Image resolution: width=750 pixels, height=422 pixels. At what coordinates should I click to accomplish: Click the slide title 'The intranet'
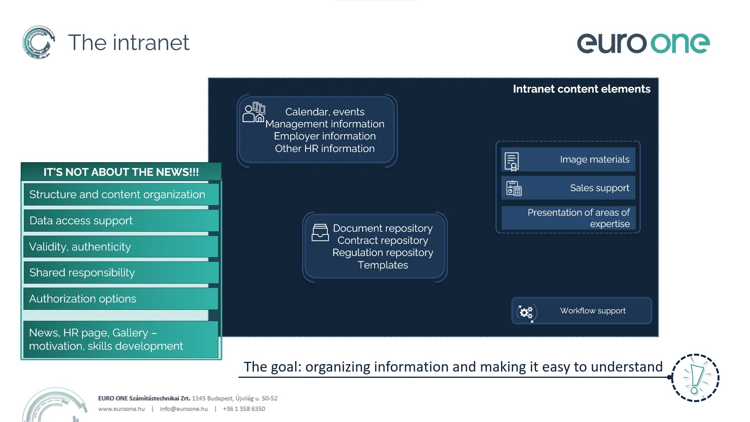point(129,43)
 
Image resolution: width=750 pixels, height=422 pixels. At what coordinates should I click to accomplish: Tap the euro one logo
point(643,43)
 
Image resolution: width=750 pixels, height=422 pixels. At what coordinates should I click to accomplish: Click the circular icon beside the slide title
point(38,42)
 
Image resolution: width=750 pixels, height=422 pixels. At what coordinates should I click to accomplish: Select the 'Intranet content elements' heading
point(581,89)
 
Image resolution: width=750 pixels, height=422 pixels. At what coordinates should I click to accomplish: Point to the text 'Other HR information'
point(325,148)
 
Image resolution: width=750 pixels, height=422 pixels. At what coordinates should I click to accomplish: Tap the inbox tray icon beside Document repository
point(320,232)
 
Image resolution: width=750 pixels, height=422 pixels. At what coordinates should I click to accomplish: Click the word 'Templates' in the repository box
point(382,265)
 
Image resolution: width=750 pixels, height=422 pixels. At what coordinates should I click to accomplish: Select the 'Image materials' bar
point(568,159)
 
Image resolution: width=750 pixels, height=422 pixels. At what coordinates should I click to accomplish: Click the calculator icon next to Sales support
point(514,188)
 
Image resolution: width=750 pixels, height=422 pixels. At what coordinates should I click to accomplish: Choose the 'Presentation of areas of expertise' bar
point(568,218)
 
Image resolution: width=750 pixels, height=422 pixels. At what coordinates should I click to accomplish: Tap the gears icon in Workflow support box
point(526,312)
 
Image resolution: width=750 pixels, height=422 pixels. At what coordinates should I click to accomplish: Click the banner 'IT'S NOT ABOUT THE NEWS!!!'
point(121,172)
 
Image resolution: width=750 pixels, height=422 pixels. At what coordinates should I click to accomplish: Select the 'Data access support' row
point(121,221)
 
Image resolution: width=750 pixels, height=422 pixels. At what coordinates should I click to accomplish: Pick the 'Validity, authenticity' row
point(121,247)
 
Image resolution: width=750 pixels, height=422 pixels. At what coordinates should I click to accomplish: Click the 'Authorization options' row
point(121,299)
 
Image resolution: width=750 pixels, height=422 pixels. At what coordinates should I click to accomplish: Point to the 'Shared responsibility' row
point(121,273)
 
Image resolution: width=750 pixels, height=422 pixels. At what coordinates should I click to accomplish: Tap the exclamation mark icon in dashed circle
point(695,378)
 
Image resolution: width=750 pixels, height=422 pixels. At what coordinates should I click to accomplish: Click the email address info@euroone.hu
point(184,409)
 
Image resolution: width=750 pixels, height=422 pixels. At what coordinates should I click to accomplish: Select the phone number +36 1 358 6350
point(244,409)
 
